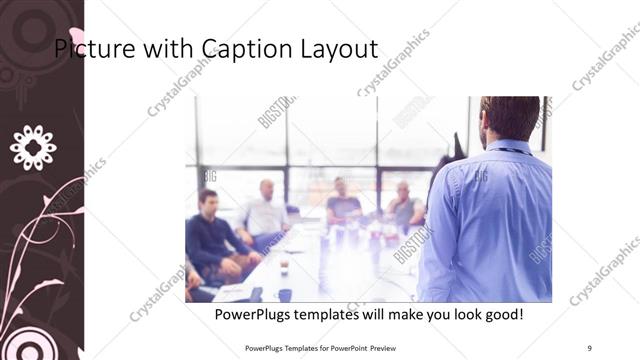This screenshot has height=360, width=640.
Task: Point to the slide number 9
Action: (589, 346)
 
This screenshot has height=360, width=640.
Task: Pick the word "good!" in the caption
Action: (502, 315)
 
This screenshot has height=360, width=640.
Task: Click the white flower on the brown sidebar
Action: (33, 147)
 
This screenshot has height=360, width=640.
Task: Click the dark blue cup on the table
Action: (285, 295)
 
